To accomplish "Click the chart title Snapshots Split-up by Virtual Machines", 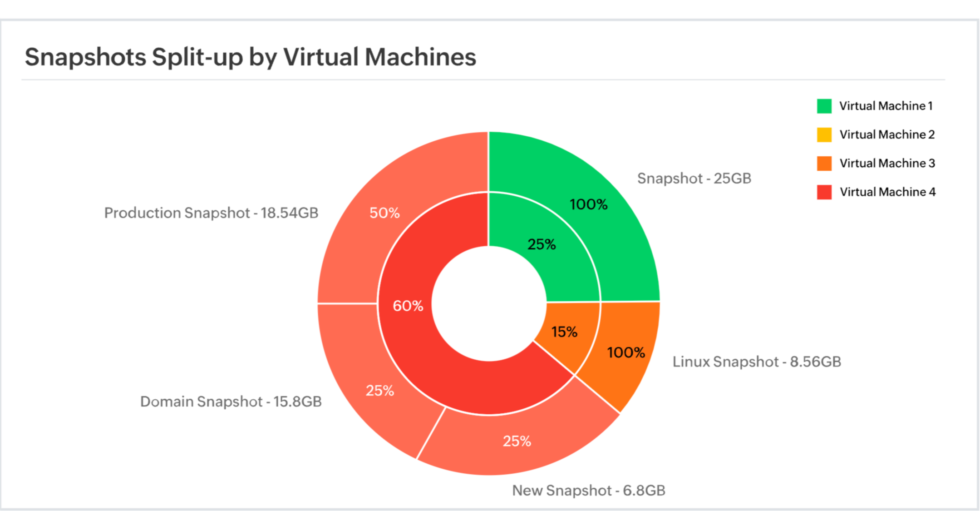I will pos(250,57).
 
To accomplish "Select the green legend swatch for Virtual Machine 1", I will pos(824,106).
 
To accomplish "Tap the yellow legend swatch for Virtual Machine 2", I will pos(824,134).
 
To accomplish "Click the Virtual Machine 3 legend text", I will pos(887,163).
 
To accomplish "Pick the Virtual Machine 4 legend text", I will pos(887,192).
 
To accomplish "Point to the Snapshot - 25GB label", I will pos(694,178).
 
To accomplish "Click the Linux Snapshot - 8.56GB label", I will pos(757,362).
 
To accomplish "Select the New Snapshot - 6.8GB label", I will pos(588,491).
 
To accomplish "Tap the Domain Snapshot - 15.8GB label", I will pos(231,402).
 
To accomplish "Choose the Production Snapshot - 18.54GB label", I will pos(211,213).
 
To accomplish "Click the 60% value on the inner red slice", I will pos(408,306).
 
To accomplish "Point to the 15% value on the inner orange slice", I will pos(564,332).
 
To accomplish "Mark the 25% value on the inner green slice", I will pos(542,244).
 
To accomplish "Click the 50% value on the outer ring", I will pos(384,213).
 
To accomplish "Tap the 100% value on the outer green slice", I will pos(588,204).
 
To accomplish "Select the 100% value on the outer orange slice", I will pos(626,352).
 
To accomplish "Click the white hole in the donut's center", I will pos(489,303).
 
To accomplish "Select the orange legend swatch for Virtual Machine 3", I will pos(824,163).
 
